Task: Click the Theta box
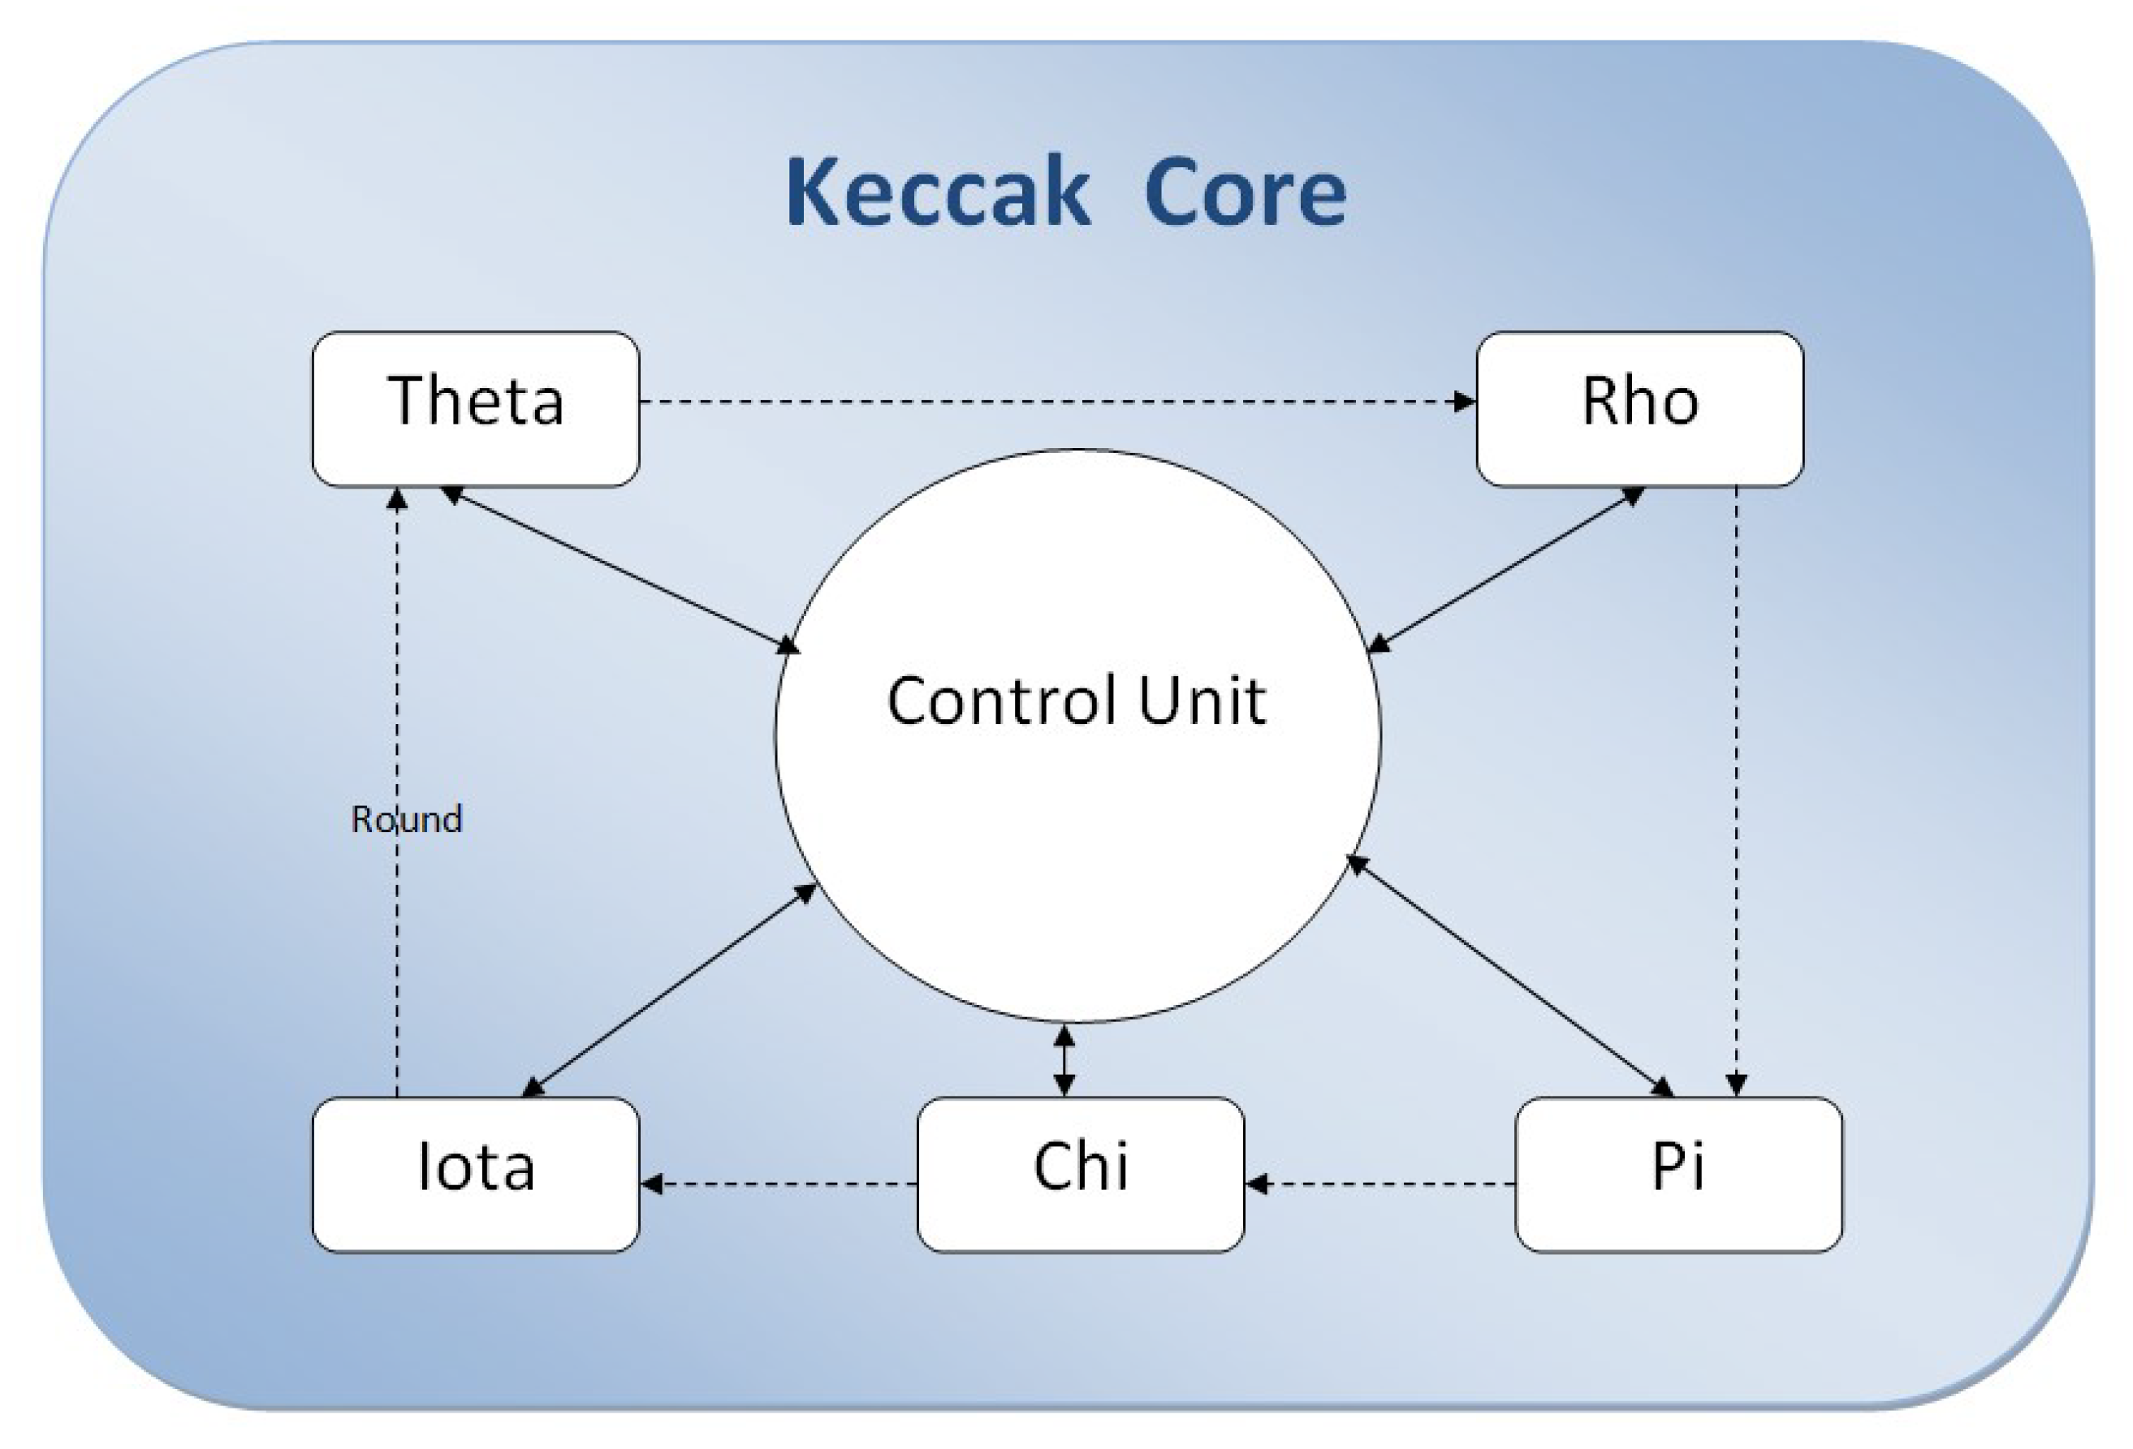point(476,408)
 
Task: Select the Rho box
point(1639,408)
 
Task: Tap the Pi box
point(1677,1174)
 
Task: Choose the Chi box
point(1080,1174)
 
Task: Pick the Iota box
point(476,1174)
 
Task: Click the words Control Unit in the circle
point(1076,701)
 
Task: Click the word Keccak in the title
point(937,192)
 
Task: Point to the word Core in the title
point(1245,192)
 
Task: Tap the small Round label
point(407,818)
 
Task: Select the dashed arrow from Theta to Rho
point(1056,401)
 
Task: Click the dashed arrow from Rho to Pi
point(1736,789)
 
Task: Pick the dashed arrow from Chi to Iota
point(780,1184)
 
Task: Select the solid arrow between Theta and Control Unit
point(621,570)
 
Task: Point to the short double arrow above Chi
point(1064,1061)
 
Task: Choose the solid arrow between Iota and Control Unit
point(668,990)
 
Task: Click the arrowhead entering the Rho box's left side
point(1464,401)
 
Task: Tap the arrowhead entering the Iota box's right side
point(653,1184)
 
